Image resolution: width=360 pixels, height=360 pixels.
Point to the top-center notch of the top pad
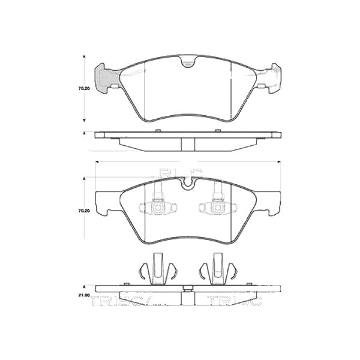[188, 62]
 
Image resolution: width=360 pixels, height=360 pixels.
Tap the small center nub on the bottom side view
[188, 289]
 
